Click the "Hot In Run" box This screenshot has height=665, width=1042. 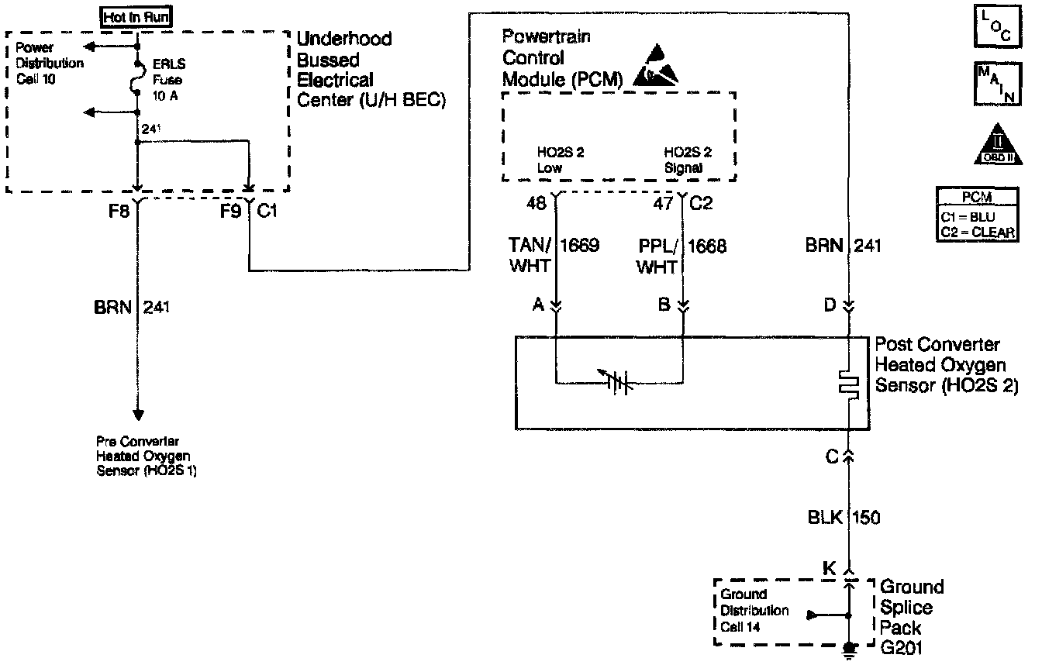click(137, 16)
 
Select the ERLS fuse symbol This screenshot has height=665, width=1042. click(137, 82)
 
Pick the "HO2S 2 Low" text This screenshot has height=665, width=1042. click(560, 160)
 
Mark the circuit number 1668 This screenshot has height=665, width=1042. click(708, 247)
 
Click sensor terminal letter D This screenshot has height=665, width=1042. click(830, 305)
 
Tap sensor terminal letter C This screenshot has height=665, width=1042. click(832, 457)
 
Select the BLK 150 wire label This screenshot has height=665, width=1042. click(842, 517)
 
